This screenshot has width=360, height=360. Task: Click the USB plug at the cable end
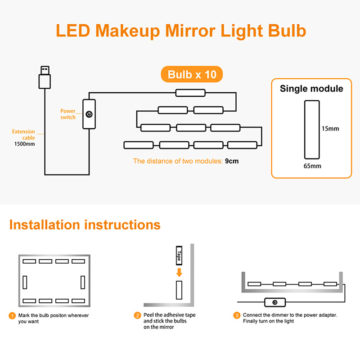click(x=45, y=77)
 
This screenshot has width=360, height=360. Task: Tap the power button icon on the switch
click(x=89, y=114)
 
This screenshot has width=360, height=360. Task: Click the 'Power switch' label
click(x=68, y=114)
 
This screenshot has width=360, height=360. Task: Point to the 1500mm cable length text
click(x=25, y=144)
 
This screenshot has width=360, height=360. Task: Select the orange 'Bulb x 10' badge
click(x=192, y=74)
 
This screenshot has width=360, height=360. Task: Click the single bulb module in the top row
click(x=190, y=93)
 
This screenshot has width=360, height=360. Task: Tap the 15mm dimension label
click(x=330, y=129)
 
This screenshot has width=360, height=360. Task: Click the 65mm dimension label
click(x=312, y=166)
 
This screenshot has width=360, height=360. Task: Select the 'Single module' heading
click(x=311, y=89)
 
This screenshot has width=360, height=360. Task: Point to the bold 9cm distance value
click(x=232, y=161)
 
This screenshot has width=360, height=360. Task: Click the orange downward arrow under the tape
click(x=179, y=273)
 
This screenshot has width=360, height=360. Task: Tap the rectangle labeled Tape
click(x=179, y=256)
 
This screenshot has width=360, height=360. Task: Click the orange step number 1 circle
click(x=12, y=316)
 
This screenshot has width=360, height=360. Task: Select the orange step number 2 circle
click(x=137, y=315)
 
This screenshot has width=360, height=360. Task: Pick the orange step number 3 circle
click(x=237, y=315)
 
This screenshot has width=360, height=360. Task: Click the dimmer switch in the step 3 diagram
click(x=275, y=302)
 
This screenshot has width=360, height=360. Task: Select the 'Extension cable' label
click(x=24, y=135)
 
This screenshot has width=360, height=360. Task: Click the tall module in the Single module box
click(x=312, y=130)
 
